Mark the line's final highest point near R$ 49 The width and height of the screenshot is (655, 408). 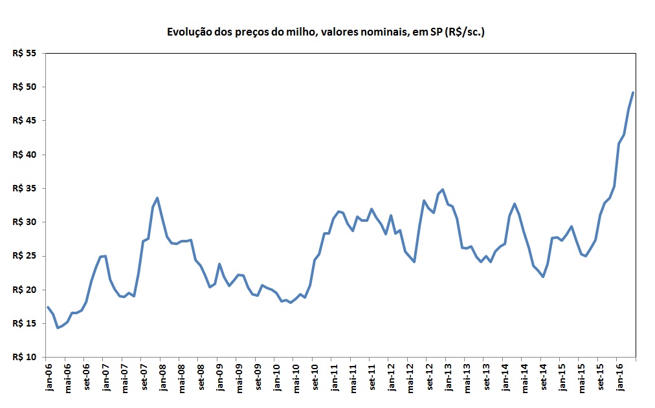(633, 92)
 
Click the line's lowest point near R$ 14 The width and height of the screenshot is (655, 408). (58, 328)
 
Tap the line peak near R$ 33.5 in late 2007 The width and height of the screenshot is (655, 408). (157, 198)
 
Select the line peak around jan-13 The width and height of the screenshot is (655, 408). (443, 189)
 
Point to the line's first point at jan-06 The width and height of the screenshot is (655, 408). (47, 307)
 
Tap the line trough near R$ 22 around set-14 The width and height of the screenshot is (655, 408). (542, 277)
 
